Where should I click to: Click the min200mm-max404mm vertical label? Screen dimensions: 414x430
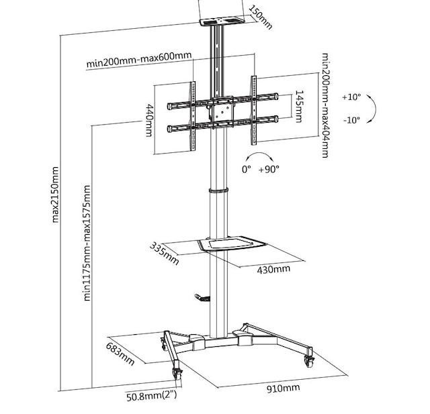coord(325,105)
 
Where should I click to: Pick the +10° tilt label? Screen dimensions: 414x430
coord(351,97)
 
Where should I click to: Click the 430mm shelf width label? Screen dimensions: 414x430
coord(273,269)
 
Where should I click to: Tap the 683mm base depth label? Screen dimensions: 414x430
coord(120,353)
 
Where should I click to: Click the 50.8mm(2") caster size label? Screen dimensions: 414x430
coord(151,395)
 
